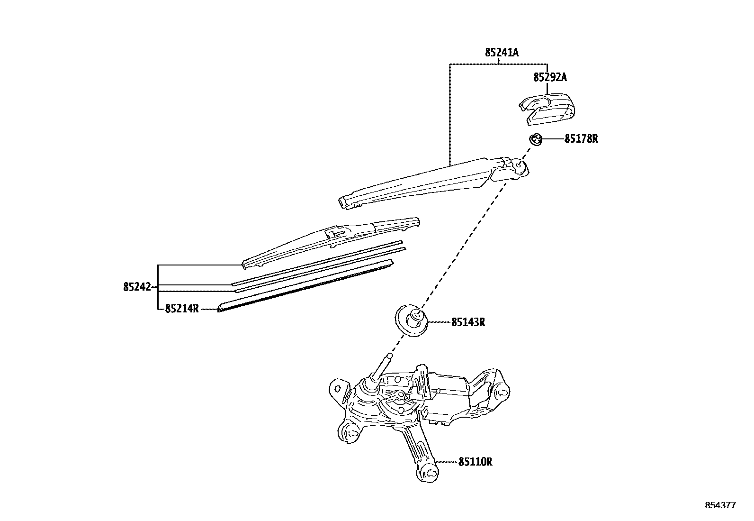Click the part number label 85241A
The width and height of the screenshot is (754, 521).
pyautogui.click(x=502, y=53)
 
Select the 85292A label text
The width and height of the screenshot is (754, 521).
pyautogui.click(x=550, y=77)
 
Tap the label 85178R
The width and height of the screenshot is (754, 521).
pyautogui.click(x=581, y=139)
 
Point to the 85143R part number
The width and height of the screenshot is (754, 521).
pyautogui.click(x=468, y=322)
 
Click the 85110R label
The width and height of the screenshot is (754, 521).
pyautogui.click(x=475, y=461)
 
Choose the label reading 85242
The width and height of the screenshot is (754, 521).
pyautogui.click(x=137, y=287)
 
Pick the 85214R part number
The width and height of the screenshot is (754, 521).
pyautogui.click(x=182, y=309)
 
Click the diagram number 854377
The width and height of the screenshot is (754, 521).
pyautogui.click(x=720, y=505)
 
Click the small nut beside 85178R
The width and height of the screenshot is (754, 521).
pyautogui.click(x=535, y=139)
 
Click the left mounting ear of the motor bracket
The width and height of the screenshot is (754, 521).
pyautogui.click(x=337, y=388)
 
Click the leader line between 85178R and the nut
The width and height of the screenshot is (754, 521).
pyautogui.click(x=552, y=139)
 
